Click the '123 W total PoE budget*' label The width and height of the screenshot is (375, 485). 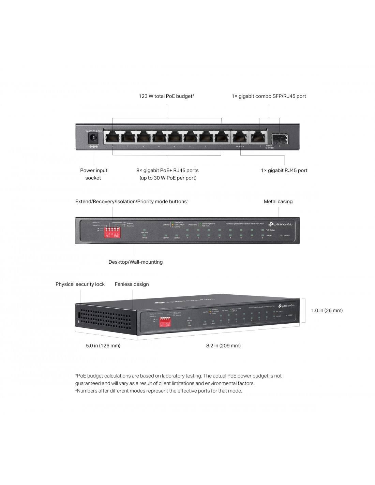[166, 96]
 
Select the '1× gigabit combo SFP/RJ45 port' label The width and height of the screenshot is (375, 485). [269, 96]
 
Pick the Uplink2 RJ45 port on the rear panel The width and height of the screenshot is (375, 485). [240, 137]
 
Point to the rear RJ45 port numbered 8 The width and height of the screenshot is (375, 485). [112, 137]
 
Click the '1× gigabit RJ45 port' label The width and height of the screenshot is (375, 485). [284, 171]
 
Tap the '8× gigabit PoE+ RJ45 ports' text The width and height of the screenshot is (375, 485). [167, 171]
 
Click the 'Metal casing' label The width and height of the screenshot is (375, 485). [278, 202]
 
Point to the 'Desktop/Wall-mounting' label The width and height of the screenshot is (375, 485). [135, 262]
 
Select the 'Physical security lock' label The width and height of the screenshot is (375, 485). [80, 284]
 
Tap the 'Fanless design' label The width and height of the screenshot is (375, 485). [132, 284]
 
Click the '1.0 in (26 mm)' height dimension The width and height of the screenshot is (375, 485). [327, 310]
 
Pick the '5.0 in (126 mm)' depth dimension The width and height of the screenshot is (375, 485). [103, 346]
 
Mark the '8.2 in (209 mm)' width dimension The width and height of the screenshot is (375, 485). [223, 346]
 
